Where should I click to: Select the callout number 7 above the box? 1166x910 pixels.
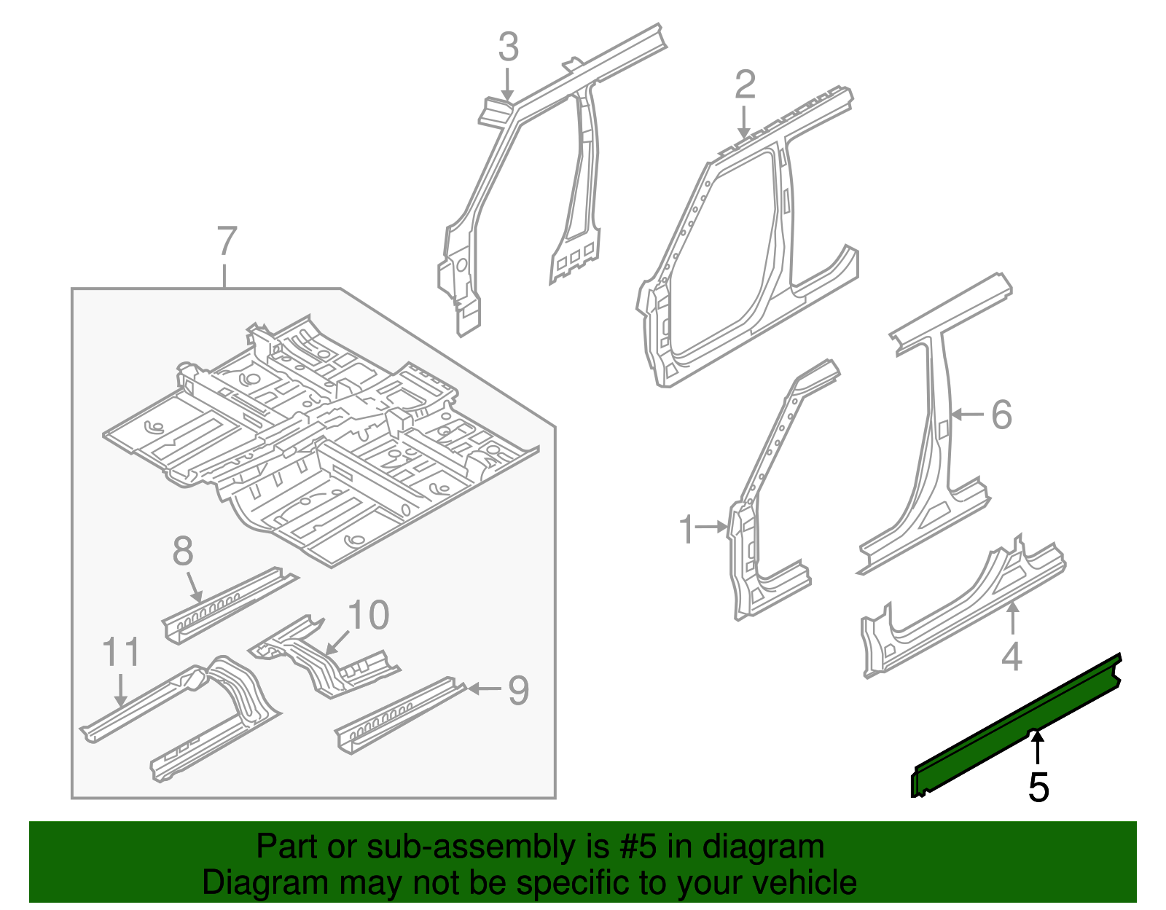pyautogui.click(x=227, y=241)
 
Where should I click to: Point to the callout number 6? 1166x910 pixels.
pyautogui.click(x=1002, y=415)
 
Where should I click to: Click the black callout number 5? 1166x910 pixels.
pyautogui.click(x=1038, y=788)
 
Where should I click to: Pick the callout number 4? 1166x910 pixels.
pyautogui.click(x=1012, y=656)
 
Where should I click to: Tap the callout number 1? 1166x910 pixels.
pyautogui.click(x=686, y=530)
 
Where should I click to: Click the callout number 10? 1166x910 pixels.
pyautogui.click(x=369, y=616)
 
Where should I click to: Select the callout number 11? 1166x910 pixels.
pyautogui.click(x=121, y=652)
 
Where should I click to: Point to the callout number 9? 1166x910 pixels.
pyautogui.click(x=518, y=690)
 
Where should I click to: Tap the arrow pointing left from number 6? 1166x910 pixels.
pyautogui.click(x=967, y=415)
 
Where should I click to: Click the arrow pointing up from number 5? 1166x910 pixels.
pyautogui.click(x=1037, y=748)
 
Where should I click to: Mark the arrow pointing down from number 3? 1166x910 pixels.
pyautogui.click(x=508, y=84)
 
